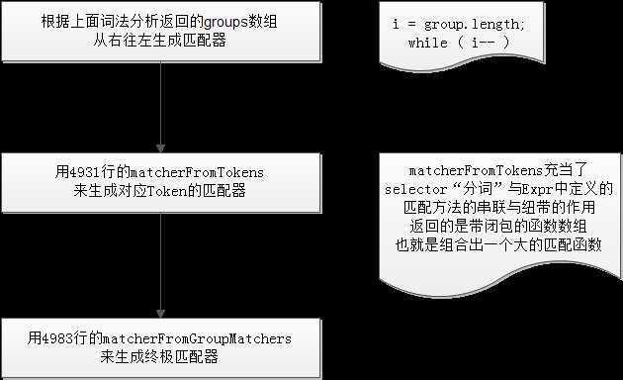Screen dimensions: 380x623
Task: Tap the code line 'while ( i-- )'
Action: pos(459,44)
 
